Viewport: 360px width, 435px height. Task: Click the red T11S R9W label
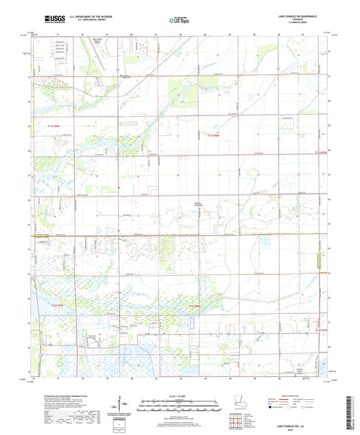point(58,125)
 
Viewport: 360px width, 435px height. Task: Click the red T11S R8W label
point(214,135)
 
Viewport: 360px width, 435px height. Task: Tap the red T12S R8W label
point(197,308)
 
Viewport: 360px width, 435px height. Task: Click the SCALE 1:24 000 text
point(180,394)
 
